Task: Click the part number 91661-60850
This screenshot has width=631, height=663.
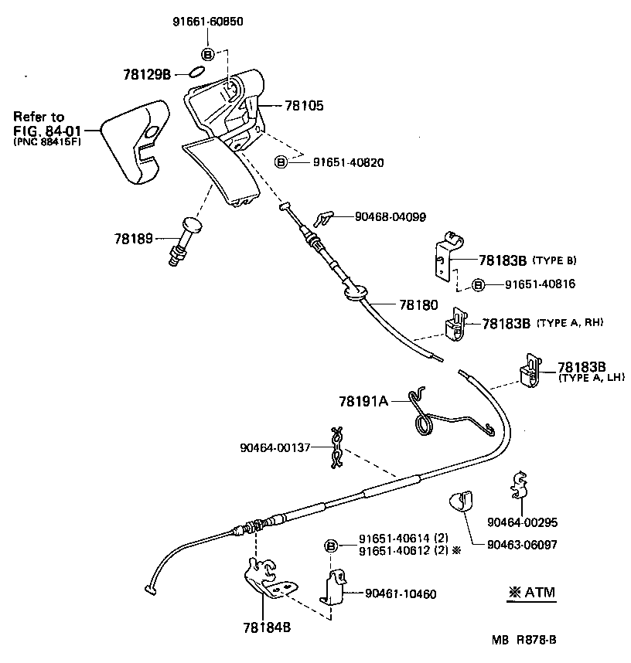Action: [x=207, y=22]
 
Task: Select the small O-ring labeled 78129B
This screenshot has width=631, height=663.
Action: [x=196, y=73]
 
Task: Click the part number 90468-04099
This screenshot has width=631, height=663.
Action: [x=380, y=217]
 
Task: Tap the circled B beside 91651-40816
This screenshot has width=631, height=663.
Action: [x=478, y=284]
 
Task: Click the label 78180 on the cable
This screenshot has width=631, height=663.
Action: [x=418, y=305]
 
